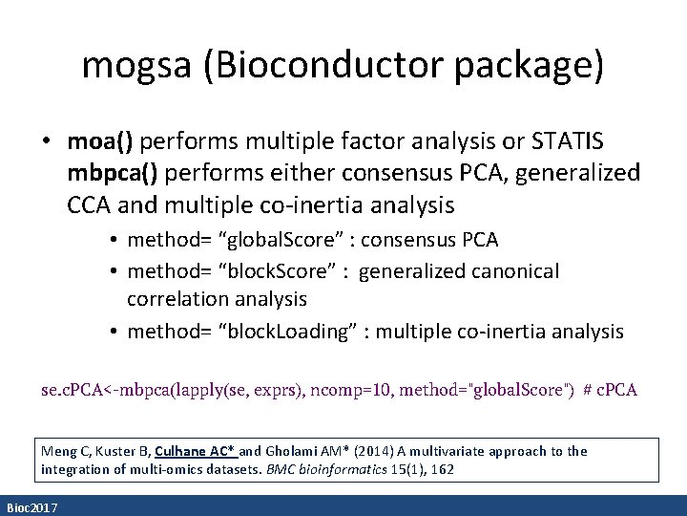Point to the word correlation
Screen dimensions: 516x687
180,299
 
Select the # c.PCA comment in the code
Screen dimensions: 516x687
610,390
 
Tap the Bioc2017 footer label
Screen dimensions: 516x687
31,507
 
